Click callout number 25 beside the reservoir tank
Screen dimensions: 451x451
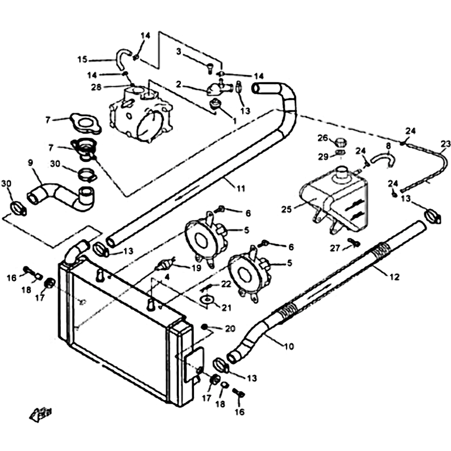[x=286, y=209]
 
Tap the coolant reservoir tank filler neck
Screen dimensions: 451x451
[x=341, y=174]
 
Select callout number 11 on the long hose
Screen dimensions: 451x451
[x=241, y=188]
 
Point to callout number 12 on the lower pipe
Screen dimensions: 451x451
[x=395, y=277]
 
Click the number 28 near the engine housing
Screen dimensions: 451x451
[x=96, y=87]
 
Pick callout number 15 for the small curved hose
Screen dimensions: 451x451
[x=82, y=60]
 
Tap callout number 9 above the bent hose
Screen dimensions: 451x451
[x=30, y=162]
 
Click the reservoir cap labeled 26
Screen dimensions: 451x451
[x=340, y=142]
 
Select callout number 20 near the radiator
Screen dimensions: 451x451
[x=230, y=328]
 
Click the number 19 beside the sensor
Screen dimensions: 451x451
[x=196, y=268]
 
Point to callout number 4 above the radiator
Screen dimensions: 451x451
[x=167, y=277]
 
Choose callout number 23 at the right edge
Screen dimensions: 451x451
[x=446, y=143]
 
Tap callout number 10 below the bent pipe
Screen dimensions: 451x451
[x=289, y=346]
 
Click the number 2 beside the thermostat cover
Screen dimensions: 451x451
[x=179, y=84]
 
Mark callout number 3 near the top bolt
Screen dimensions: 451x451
[x=179, y=52]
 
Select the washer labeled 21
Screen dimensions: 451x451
[x=207, y=299]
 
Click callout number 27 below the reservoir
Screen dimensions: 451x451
[x=335, y=248]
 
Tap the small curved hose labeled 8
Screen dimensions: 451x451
[x=383, y=159]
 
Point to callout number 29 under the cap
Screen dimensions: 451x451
[x=323, y=157]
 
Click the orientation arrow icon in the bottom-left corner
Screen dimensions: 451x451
[x=41, y=415]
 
